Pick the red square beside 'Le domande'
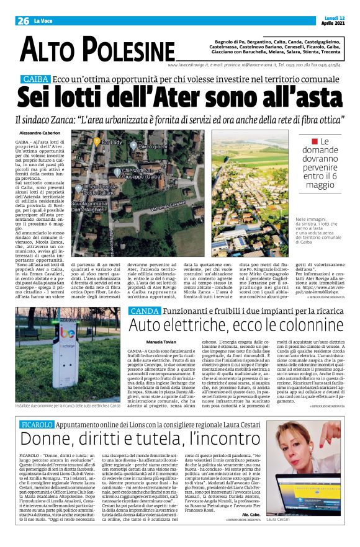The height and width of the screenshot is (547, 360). click(307, 142)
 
